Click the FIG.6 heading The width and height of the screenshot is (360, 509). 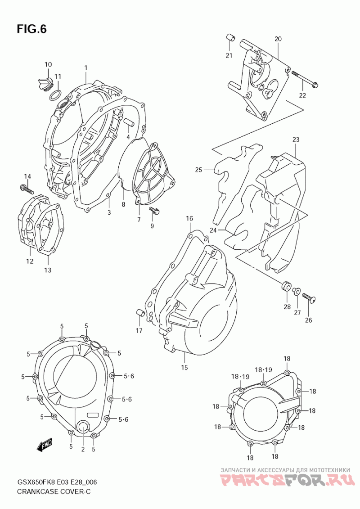point(32,29)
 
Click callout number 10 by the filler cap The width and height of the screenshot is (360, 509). point(48,65)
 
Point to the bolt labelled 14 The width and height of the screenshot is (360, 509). point(27,189)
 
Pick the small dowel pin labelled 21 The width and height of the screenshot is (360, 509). point(230,38)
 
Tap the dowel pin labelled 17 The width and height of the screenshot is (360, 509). point(140,314)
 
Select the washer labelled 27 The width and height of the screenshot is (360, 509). point(297,291)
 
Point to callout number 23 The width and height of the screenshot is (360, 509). point(296,140)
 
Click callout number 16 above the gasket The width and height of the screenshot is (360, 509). point(189,218)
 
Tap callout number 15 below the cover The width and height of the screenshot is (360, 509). point(184,368)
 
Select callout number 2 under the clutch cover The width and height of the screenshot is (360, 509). point(83,449)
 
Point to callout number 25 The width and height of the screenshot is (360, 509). point(198,170)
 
